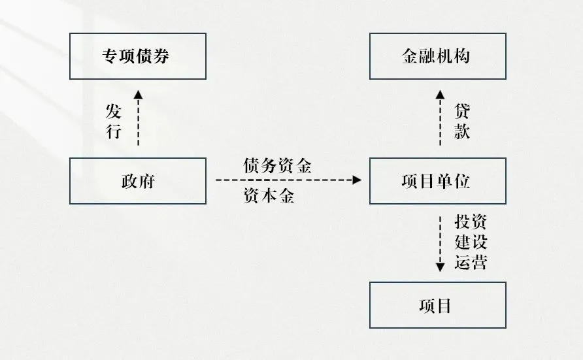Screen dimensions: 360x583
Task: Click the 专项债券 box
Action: (x=137, y=56)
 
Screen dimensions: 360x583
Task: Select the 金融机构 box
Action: (x=437, y=56)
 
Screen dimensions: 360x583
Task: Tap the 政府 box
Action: (x=137, y=181)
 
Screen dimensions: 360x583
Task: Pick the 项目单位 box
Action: (x=437, y=181)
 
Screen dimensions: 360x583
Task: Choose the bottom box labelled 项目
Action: (x=437, y=305)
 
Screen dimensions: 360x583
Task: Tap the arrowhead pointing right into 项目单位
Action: (x=358, y=180)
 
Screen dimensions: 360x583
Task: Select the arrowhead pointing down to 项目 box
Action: (x=440, y=266)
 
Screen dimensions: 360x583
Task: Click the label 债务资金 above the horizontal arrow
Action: (x=277, y=166)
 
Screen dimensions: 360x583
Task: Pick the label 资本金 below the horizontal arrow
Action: (x=269, y=196)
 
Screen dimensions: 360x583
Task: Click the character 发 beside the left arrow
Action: (x=114, y=110)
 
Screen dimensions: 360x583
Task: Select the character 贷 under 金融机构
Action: (x=462, y=110)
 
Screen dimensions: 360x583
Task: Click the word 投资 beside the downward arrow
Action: (x=471, y=222)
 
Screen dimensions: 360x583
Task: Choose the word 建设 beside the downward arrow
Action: (x=471, y=242)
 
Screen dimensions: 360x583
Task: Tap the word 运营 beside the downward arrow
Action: (x=471, y=262)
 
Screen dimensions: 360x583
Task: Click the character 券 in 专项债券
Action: (x=161, y=56)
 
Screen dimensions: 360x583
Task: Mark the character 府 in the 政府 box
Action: (x=146, y=181)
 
